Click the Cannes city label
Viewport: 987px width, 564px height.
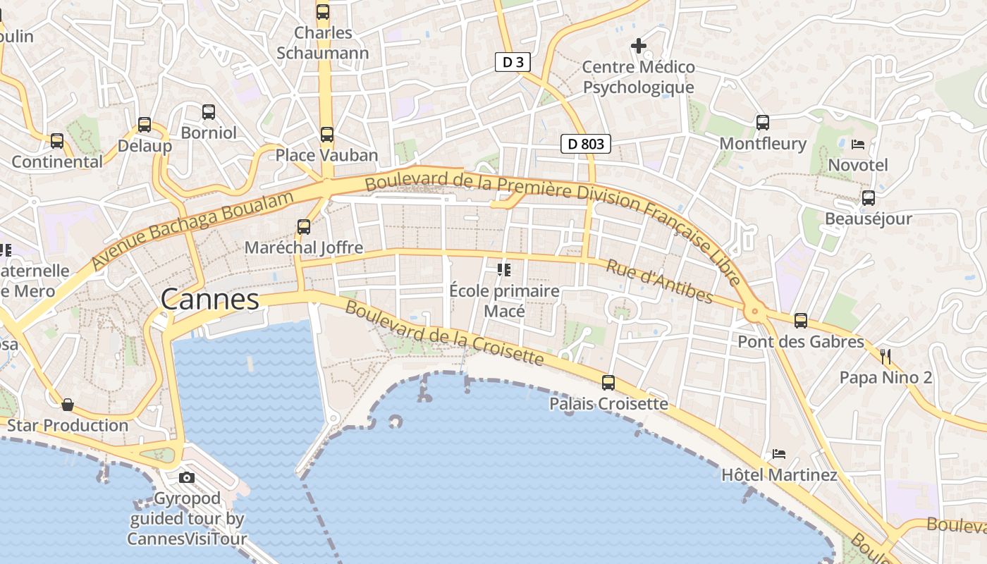pos(210,300)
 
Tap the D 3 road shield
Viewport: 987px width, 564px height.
pos(513,62)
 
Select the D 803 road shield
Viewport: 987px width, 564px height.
pos(586,144)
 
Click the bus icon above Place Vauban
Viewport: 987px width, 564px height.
pos(326,134)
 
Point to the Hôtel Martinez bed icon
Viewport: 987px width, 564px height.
pos(779,453)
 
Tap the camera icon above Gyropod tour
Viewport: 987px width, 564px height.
pos(187,477)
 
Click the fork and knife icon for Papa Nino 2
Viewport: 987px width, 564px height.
pos(885,356)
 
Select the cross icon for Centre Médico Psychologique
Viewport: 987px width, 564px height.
pos(639,47)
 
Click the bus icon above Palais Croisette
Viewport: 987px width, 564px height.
pos(608,383)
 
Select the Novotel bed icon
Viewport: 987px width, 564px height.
pos(858,145)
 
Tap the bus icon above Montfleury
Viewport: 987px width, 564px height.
pos(763,123)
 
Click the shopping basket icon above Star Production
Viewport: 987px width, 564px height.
pos(68,405)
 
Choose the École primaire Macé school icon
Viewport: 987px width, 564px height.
pos(504,269)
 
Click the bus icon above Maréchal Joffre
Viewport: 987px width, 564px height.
pos(304,227)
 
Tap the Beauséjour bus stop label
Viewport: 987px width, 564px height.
pos(869,219)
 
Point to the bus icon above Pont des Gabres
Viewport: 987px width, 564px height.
pos(801,321)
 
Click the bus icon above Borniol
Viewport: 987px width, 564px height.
pos(209,111)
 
